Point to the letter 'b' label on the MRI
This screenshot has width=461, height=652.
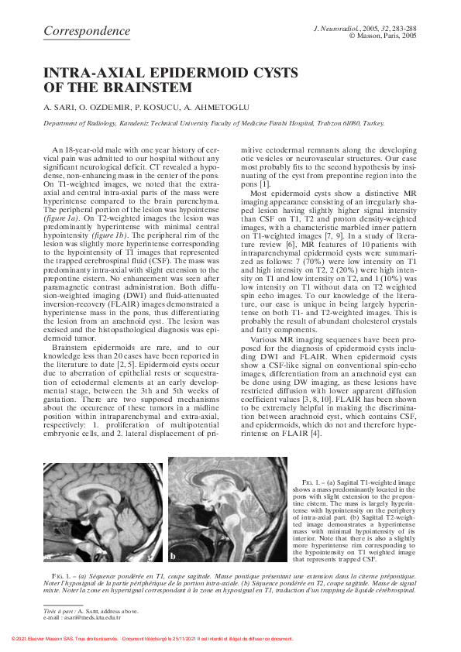(174, 556)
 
